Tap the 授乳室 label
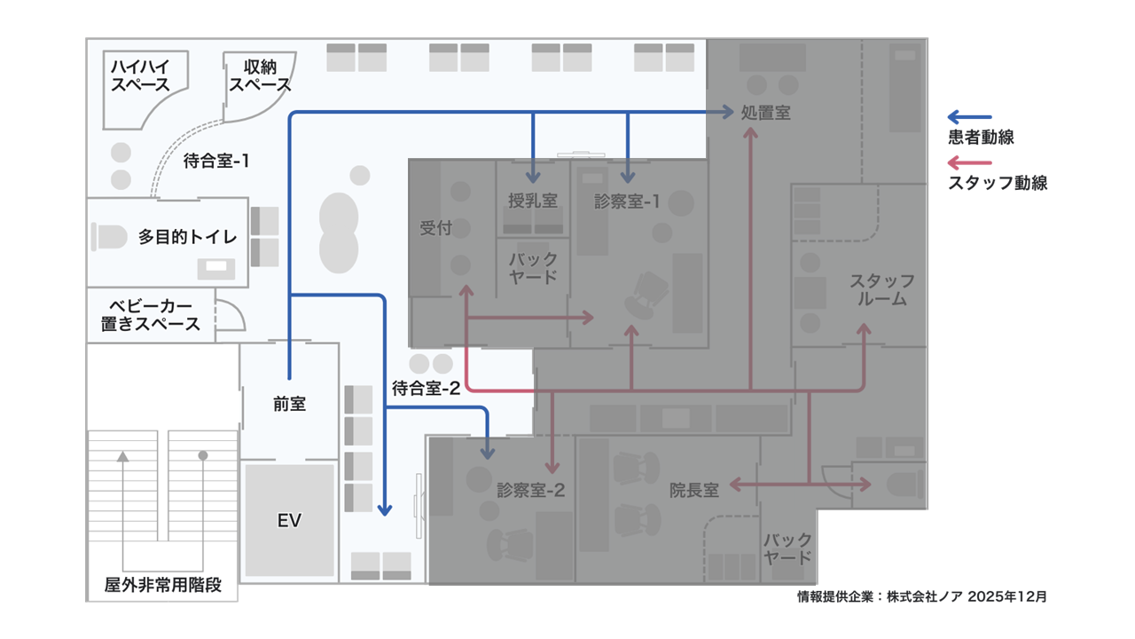click(x=532, y=201)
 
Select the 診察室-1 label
click(x=627, y=201)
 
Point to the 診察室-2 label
click(x=531, y=489)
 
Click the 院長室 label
click(x=694, y=489)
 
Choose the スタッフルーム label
click(x=881, y=290)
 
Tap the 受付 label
click(x=435, y=228)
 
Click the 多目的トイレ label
click(x=187, y=237)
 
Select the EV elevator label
click(x=289, y=520)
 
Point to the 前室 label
click(x=289, y=404)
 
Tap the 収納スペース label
click(x=260, y=75)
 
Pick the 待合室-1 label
click(x=216, y=162)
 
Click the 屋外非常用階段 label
click(x=162, y=585)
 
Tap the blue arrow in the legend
click(x=969, y=116)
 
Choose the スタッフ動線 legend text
click(x=998, y=184)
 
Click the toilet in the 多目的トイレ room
click(x=110, y=237)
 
